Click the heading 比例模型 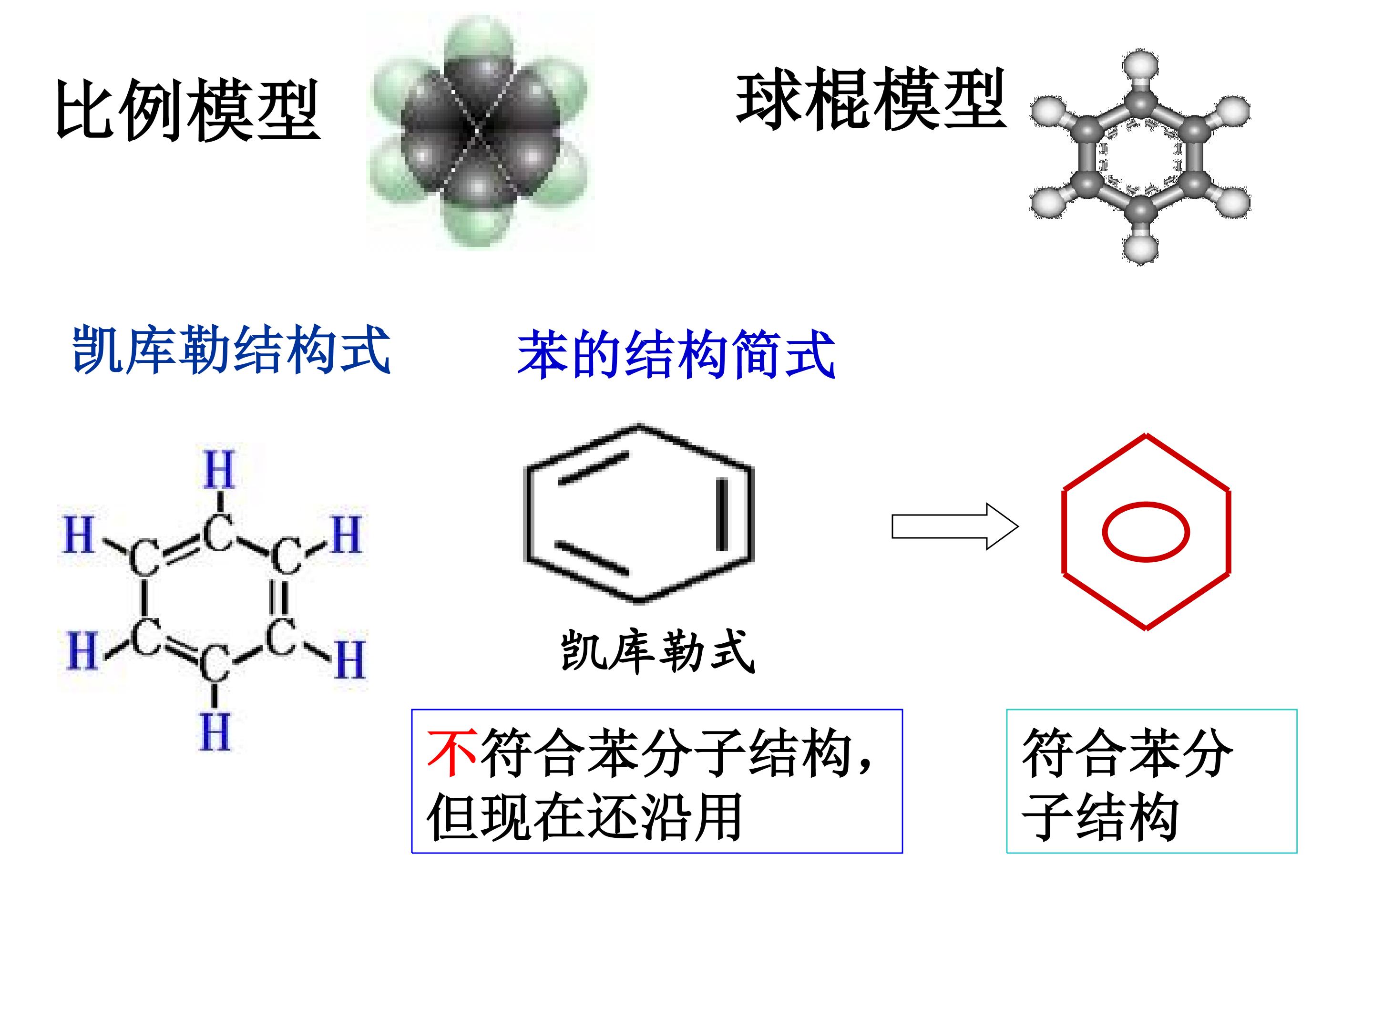coord(187,110)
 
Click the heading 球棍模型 coord(871,100)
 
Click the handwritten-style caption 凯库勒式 coord(658,651)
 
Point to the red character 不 coord(452,752)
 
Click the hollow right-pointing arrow coord(954,526)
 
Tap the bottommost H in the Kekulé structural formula coord(215,732)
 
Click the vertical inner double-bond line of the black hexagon coord(722,515)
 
